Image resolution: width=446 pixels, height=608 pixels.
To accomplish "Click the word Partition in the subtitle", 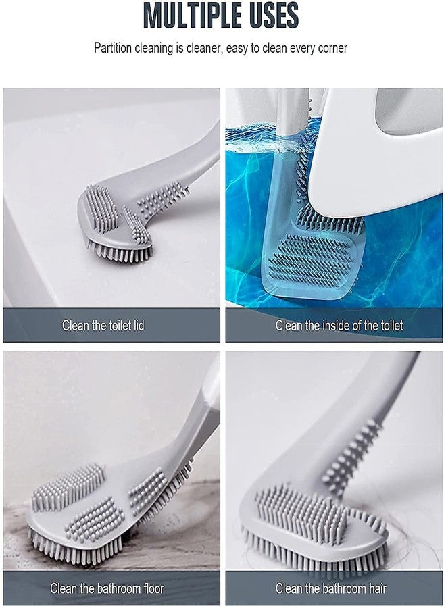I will (114, 48).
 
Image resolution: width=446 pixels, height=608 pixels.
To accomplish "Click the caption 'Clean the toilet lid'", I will (103, 326).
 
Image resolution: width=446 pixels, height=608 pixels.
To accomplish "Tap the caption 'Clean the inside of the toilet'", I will (339, 326).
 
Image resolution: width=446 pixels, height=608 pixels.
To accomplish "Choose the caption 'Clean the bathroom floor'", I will (107, 588).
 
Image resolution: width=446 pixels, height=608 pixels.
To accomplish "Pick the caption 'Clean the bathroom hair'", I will (336, 588).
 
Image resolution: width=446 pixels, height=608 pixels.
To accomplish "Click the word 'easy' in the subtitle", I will (244, 48).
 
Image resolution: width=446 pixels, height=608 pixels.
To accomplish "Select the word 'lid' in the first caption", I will (137, 326).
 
